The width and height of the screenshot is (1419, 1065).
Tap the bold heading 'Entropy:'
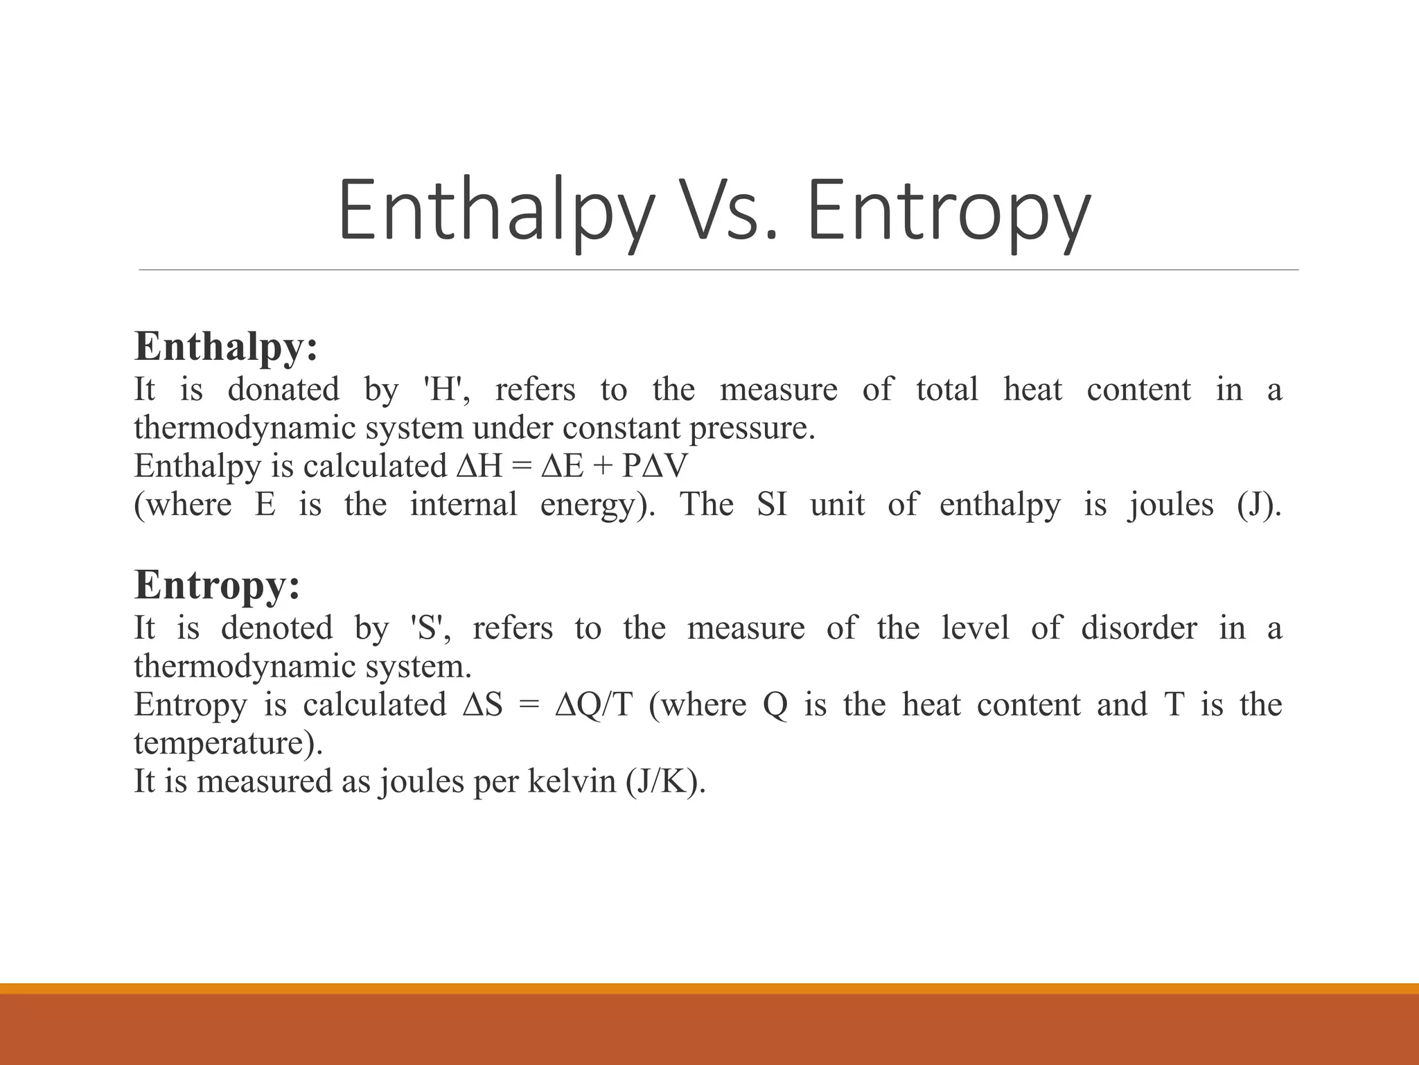coord(217,584)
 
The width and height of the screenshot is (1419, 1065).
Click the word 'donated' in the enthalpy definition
coord(283,389)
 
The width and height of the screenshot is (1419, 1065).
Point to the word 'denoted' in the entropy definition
coord(277,627)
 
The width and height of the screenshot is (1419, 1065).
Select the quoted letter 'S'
coord(431,627)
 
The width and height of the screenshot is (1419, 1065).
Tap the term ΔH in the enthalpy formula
coord(479,466)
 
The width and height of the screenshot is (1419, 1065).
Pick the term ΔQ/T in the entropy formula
coord(594,704)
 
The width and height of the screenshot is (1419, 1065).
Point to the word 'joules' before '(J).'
coord(1170,505)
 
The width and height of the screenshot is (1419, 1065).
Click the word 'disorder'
coord(1138,627)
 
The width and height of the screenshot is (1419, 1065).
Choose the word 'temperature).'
coord(229,743)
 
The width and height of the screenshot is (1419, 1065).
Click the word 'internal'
coord(464,504)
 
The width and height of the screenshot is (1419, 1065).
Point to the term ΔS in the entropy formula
coord(482,704)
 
